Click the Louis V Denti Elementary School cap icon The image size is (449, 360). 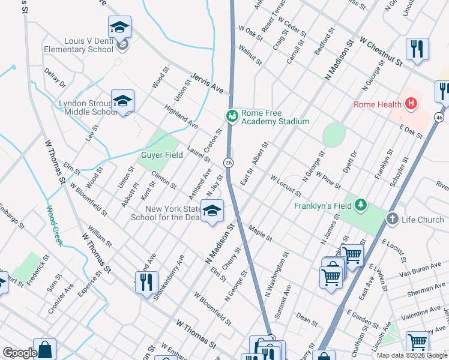pos(119,27)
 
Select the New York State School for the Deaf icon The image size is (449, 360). pos(212,211)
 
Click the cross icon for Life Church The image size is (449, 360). pos(393,220)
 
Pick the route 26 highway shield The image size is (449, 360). pos(228,163)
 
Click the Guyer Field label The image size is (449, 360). pos(161,155)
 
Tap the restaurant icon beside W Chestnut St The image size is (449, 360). pos(417,49)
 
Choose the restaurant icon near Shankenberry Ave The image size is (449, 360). pos(146,282)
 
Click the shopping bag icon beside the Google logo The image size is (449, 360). pos(44,349)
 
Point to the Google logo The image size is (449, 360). pos(20,353)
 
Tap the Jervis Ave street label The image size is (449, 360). pos(206,83)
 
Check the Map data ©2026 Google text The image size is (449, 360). pos(412,355)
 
